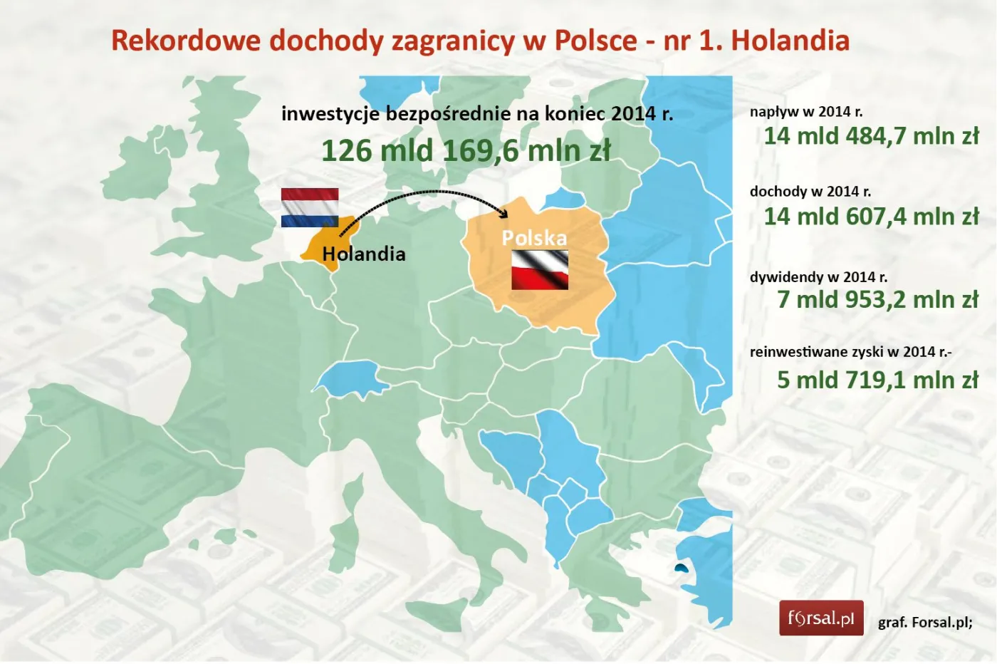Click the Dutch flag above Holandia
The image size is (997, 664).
309,207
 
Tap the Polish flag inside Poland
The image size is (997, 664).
539,269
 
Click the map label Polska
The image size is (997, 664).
534,238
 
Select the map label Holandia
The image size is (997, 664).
363,254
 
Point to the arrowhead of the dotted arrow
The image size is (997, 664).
505,214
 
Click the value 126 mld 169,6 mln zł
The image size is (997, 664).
466,151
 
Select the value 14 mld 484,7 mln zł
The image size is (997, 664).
871,135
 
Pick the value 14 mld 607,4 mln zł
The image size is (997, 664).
871,216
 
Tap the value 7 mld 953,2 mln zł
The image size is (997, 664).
877,299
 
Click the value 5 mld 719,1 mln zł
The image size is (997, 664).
877,380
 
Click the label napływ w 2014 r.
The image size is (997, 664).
805,112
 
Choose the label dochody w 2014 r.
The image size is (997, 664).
810,192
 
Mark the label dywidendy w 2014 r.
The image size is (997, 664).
818,277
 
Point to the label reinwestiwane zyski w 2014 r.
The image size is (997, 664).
850,352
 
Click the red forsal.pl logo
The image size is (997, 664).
820,618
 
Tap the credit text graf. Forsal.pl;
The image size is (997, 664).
924,623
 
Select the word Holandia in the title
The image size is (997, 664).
790,41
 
